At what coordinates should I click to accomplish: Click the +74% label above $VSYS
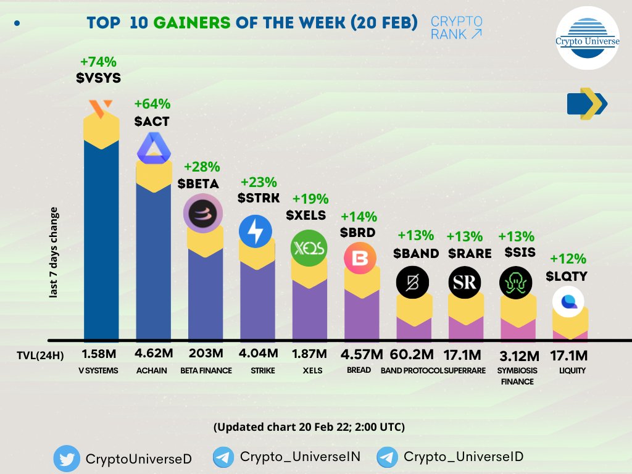point(98,62)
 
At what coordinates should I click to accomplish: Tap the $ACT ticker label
point(151,122)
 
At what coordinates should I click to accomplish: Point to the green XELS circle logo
point(309,248)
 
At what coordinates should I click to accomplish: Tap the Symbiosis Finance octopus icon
point(516,283)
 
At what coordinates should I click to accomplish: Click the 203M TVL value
point(206,354)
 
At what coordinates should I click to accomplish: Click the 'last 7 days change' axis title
point(54,253)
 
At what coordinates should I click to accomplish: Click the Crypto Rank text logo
point(456,28)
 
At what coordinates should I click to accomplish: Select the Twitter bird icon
point(65,459)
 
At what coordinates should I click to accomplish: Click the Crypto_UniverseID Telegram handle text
point(463,457)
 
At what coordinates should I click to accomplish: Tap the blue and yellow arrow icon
point(587,104)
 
